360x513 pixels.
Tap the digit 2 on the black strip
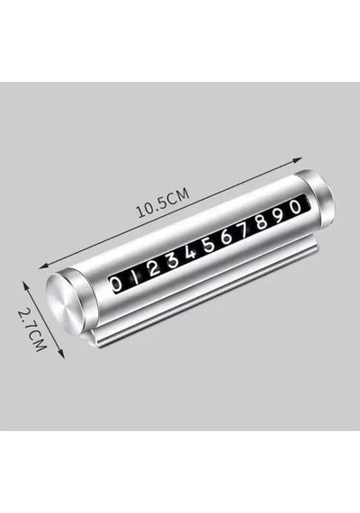click(153, 269)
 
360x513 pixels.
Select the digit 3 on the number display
click(172, 261)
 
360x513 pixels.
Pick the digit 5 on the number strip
click(209, 245)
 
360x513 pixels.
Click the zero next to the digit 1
click(116, 284)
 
